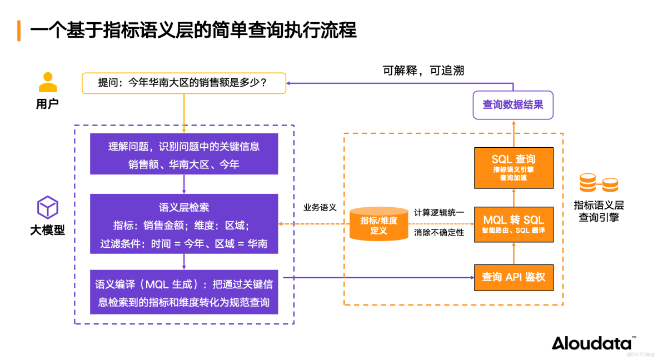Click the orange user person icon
pyautogui.click(x=47, y=82)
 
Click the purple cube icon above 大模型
pyautogui.click(x=47, y=207)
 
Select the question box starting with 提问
pyautogui.click(x=184, y=83)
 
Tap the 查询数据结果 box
pyautogui.click(x=513, y=104)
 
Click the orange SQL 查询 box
pyautogui.click(x=513, y=167)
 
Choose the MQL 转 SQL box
pyautogui.click(x=513, y=224)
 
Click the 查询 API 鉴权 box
pyautogui.click(x=513, y=277)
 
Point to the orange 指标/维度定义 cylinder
pyautogui.click(x=378, y=224)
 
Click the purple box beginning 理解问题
pyautogui.click(x=184, y=154)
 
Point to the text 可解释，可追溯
pyautogui.click(x=423, y=70)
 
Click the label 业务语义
pyautogui.click(x=320, y=207)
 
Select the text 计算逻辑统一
pyautogui.click(x=438, y=213)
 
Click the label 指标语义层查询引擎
pyautogui.click(x=599, y=211)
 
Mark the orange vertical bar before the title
pyautogui.click(x=19, y=30)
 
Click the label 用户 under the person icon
pyautogui.click(x=47, y=104)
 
